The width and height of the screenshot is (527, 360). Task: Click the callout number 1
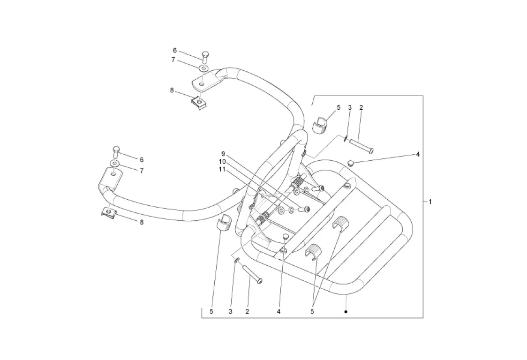click(x=430, y=202)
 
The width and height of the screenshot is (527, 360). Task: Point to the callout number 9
click(x=224, y=154)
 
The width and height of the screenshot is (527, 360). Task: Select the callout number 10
click(x=222, y=161)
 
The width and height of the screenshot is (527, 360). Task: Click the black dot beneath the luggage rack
click(x=346, y=311)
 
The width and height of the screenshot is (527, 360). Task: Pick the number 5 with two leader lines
click(x=312, y=311)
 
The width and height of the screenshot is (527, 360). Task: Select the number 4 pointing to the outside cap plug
click(x=417, y=154)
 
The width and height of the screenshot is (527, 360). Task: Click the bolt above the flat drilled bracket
click(x=204, y=57)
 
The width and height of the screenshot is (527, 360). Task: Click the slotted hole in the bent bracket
click(x=113, y=173)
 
